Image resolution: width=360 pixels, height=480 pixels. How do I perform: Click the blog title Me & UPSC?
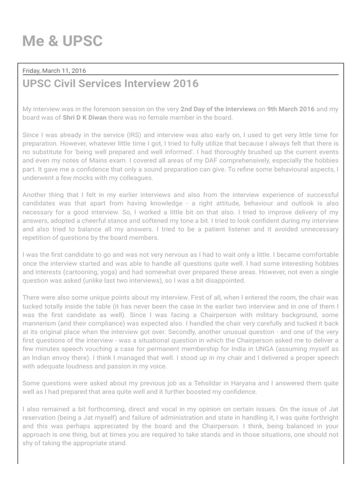(x=62, y=41)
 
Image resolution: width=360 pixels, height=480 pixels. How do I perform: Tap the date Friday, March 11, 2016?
(x=54, y=71)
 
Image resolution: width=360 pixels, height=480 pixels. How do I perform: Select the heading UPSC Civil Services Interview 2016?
(x=111, y=84)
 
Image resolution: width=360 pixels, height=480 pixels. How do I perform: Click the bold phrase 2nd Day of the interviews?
(x=218, y=109)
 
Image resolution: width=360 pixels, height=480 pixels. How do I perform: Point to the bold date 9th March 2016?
(x=291, y=109)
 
